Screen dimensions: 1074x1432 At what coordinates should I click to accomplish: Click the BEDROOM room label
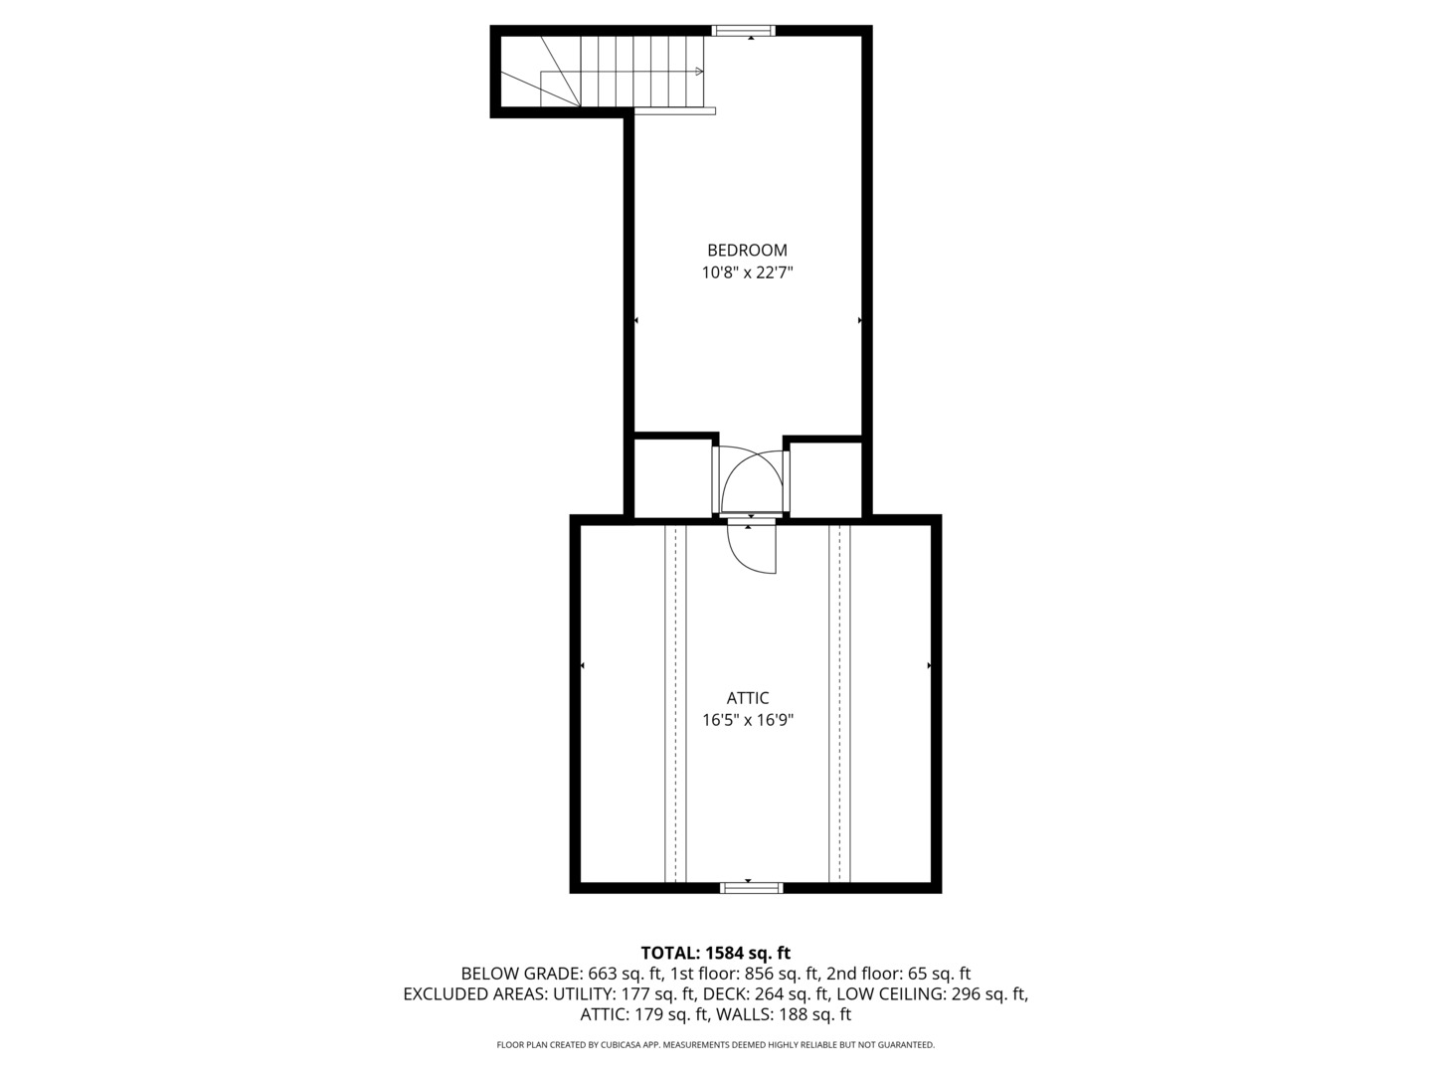tap(747, 251)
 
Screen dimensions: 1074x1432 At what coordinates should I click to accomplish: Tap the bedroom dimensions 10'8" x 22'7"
tap(747, 272)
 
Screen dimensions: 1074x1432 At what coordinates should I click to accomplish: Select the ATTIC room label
tap(747, 698)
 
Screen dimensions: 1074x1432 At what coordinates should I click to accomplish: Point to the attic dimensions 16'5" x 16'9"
tap(747, 720)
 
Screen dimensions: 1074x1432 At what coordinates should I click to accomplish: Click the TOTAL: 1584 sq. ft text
tap(715, 954)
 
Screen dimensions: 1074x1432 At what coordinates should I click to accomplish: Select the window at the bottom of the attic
tap(750, 887)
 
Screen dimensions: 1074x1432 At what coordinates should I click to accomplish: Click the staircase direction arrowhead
tap(701, 72)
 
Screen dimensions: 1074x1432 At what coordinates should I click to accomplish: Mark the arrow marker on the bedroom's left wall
tap(636, 320)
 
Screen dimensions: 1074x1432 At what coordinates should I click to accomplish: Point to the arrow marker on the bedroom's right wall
tap(859, 320)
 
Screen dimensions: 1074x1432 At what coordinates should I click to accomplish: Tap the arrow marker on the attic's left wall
tap(582, 665)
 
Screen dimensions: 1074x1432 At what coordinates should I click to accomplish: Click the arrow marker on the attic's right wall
tap(930, 665)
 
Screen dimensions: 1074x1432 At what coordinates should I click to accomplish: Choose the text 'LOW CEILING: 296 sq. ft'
tap(931, 994)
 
